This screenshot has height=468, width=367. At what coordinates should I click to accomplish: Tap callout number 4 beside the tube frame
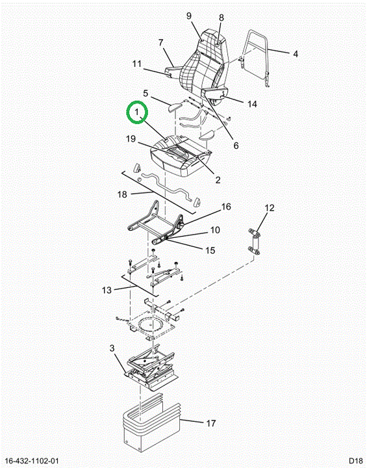pyautogui.click(x=296, y=54)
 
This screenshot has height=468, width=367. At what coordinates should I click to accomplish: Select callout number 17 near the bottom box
pyautogui.click(x=210, y=423)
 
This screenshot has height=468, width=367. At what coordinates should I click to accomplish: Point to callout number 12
pyautogui.click(x=270, y=208)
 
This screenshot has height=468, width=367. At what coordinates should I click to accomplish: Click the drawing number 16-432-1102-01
pyautogui.click(x=32, y=461)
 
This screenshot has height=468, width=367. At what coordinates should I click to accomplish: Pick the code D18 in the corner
pyautogui.click(x=356, y=461)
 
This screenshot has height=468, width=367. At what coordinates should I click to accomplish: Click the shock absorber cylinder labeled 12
pyautogui.click(x=255, y=241)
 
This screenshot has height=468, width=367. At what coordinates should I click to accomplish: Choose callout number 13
pyautogui.click(x=107, y=290)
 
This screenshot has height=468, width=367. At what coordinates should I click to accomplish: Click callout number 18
pyautogui.click(x=122, y=194)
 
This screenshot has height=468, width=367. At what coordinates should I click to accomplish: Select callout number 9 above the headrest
pyautogui.click(x=189, y=16)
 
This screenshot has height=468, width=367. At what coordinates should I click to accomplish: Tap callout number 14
pyautogui.click(x=252, y=104)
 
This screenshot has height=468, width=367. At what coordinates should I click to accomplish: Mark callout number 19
pyautogui.click(x=131, y=139)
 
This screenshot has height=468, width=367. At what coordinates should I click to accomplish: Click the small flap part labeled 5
pyautogui.click(x=175, y=107)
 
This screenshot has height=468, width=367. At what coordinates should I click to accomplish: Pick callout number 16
pyautogui.click(x=226, y=207)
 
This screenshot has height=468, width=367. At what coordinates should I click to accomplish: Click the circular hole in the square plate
pyautogui.click(x=151, y=324)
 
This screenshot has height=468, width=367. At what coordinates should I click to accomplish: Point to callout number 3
pyautogui.click(x=112, y=348)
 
